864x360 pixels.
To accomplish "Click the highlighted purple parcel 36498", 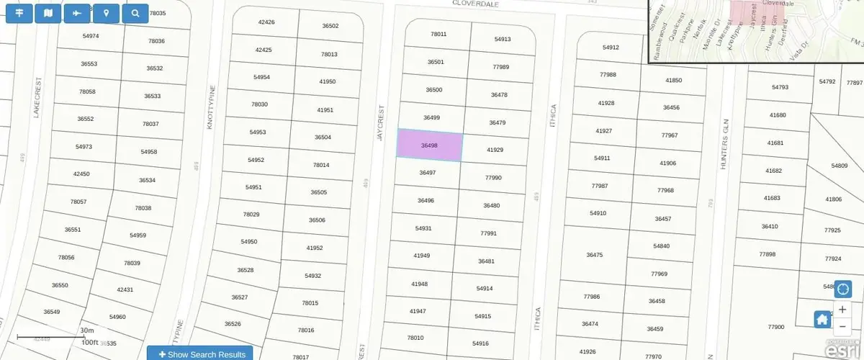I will point(429,145).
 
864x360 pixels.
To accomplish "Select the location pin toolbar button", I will point(107,13).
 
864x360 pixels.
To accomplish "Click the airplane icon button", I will point(77,13).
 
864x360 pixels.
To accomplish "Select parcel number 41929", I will point(495,150).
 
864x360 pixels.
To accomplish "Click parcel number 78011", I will point(438,35).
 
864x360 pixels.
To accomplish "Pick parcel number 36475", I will point(594,255).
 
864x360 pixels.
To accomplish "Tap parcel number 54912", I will point(610,48).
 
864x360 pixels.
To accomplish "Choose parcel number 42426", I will point(266,22).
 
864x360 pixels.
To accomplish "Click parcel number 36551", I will point(72,230).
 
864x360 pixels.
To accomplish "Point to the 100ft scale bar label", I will point(89,343).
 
